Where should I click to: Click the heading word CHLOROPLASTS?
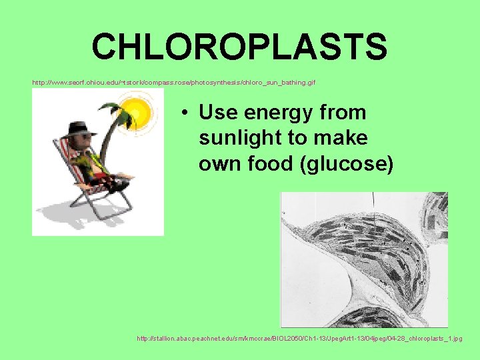pyautogui.click(x=239, y=47)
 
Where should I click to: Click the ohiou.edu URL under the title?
pyautogui.click(x=174, y=83)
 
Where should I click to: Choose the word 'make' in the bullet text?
pyautogui.click(x=347, y=138)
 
